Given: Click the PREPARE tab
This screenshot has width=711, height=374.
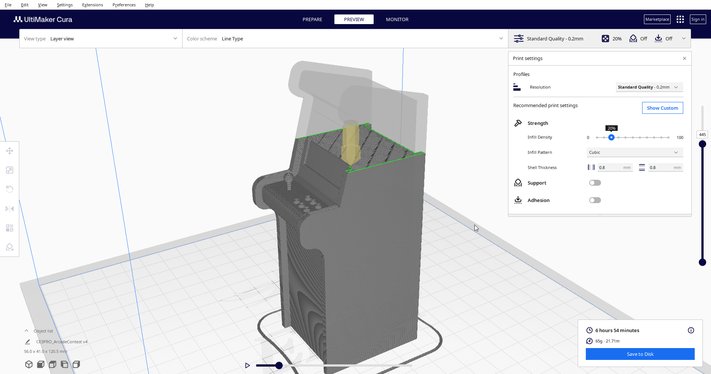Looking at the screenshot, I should (312, 19).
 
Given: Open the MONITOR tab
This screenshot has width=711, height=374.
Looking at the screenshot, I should (397, 19).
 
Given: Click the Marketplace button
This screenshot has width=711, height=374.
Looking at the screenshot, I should (657, 19).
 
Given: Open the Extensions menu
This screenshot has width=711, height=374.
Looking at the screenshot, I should (93, 5).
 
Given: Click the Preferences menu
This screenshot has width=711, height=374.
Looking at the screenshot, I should (124, 5).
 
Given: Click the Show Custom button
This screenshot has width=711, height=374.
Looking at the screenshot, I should (662, 108).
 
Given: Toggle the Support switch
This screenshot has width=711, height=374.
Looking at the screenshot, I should (595, 183).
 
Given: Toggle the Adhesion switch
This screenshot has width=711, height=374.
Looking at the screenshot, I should (595, 200).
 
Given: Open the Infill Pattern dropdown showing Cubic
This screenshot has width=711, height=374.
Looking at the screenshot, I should (634, 152).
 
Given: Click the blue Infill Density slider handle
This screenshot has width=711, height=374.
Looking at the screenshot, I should (611, 138).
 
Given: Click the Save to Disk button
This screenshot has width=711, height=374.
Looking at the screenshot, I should (640, 354).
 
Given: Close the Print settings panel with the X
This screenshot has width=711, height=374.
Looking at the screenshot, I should (684, 59).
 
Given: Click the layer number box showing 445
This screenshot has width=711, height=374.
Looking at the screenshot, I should (702, 135).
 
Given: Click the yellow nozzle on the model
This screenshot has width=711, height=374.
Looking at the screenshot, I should (350, 143).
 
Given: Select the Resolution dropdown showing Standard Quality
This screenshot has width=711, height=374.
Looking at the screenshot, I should (649, 87).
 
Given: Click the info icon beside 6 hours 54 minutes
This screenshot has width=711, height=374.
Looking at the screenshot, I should (691, 330).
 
